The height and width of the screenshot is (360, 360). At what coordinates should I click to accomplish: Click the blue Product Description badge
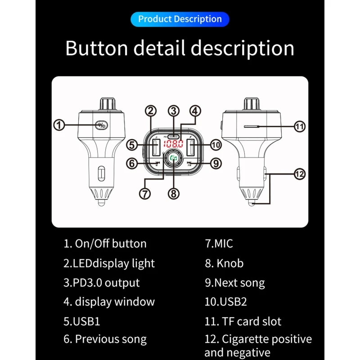180,19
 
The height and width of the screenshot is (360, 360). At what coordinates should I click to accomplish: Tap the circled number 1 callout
59,125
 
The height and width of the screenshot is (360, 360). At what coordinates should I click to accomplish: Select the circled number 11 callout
300,126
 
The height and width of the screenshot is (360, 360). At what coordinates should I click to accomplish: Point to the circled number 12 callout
300,174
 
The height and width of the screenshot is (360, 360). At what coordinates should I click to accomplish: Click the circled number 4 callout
195,111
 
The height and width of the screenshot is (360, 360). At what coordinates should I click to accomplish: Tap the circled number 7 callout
144,193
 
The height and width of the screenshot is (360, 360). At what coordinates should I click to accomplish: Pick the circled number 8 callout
174,193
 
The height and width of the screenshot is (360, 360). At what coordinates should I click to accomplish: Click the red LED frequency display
173,144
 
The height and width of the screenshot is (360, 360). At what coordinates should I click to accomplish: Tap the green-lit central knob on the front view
173,158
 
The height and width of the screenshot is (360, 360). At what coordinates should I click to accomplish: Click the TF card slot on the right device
254,126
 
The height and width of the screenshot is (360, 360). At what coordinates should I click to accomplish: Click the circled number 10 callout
216,145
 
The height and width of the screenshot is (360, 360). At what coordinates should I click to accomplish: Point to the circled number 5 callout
131,145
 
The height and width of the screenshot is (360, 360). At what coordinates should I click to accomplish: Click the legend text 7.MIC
219,244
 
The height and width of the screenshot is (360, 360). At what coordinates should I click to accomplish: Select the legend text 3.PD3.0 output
102,283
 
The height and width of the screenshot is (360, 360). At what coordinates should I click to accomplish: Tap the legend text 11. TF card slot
243,321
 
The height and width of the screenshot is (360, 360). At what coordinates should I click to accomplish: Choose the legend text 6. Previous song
105,339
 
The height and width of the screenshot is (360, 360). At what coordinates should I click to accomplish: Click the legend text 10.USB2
226,302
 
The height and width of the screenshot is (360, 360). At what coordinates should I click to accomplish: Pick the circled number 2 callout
151,111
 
